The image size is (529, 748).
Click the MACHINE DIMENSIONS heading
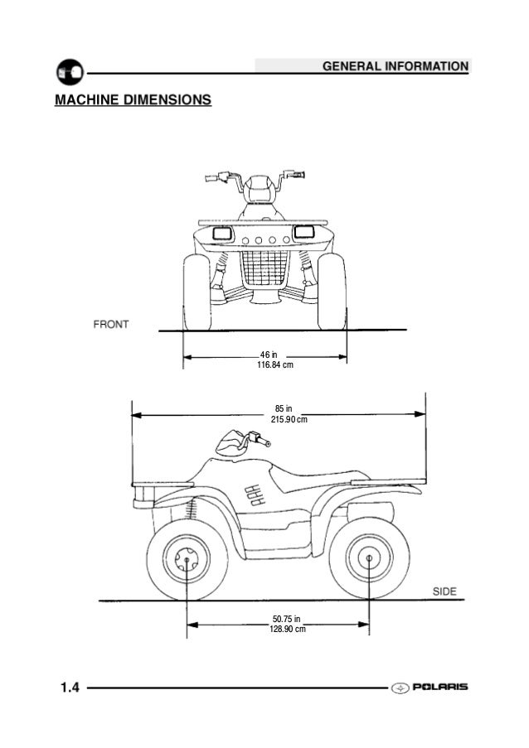(x=132, y=101)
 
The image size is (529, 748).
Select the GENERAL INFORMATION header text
(x=394, y=65)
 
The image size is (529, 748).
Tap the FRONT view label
(x=109, y=324)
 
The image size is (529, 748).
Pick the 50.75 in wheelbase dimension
(x=288, y=619)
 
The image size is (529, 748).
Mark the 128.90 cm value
(x=288, y=630)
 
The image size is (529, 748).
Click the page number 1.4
(x=69, y=688)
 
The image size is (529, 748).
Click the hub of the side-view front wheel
(x=187, y=562)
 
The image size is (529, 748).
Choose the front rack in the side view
(x=158, y=482)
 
